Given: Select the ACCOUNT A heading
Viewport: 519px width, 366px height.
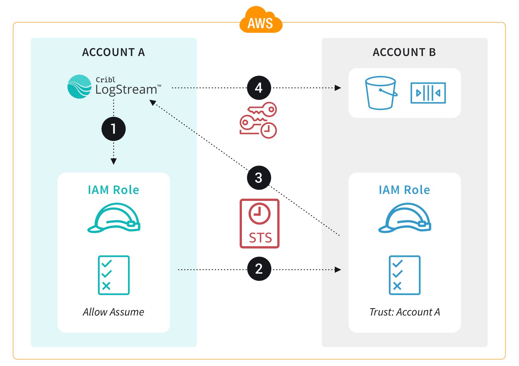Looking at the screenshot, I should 113,52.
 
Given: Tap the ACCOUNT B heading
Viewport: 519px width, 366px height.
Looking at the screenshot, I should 404,52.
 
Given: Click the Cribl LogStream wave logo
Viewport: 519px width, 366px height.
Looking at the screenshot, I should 79,87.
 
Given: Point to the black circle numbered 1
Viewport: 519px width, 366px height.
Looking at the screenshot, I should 113,129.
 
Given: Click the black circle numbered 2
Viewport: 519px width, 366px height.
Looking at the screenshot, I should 259,269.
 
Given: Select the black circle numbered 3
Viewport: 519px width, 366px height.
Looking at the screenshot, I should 259,178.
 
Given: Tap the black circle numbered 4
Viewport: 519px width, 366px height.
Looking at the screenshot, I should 259,88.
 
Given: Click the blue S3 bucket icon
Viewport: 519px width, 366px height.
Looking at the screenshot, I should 381,93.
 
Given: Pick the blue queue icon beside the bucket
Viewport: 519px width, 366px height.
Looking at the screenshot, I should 428,93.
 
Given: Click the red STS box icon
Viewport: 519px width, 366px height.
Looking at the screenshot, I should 259,223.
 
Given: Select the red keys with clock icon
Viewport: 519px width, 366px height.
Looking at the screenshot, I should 258,120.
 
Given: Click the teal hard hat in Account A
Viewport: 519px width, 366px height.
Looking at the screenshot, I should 114,218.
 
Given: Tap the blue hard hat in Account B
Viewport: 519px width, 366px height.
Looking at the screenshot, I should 405,218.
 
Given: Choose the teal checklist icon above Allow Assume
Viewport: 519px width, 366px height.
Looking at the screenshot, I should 114,275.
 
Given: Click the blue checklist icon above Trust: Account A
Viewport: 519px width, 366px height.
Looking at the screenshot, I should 405,275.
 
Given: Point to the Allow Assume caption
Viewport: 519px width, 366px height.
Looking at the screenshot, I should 113,312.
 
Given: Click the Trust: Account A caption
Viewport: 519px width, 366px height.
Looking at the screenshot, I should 405,312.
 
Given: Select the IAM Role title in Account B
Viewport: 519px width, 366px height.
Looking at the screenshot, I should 404,190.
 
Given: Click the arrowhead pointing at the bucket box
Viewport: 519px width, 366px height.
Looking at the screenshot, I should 338,88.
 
